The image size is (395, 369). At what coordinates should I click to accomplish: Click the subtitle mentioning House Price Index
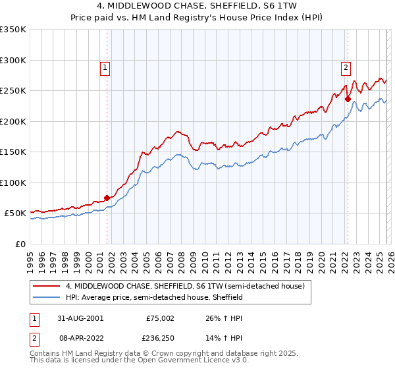click(x=197, y=18)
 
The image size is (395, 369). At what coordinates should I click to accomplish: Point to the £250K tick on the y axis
click(x=13, y=91)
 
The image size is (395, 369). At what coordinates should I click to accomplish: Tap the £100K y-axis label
click(x=13, y=183)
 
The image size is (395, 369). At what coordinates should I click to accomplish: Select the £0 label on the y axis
click(x=21, y=244)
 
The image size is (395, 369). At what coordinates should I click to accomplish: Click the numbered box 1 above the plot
click(x=105, y=66)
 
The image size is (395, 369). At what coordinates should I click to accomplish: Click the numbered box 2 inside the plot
click(x=346, y=66)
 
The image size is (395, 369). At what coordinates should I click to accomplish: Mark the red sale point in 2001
click(x=107, y=198)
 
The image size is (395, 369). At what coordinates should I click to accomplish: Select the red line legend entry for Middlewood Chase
click(x=184, y=287)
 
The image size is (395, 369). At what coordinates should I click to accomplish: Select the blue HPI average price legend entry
click(x=154, y=298)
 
